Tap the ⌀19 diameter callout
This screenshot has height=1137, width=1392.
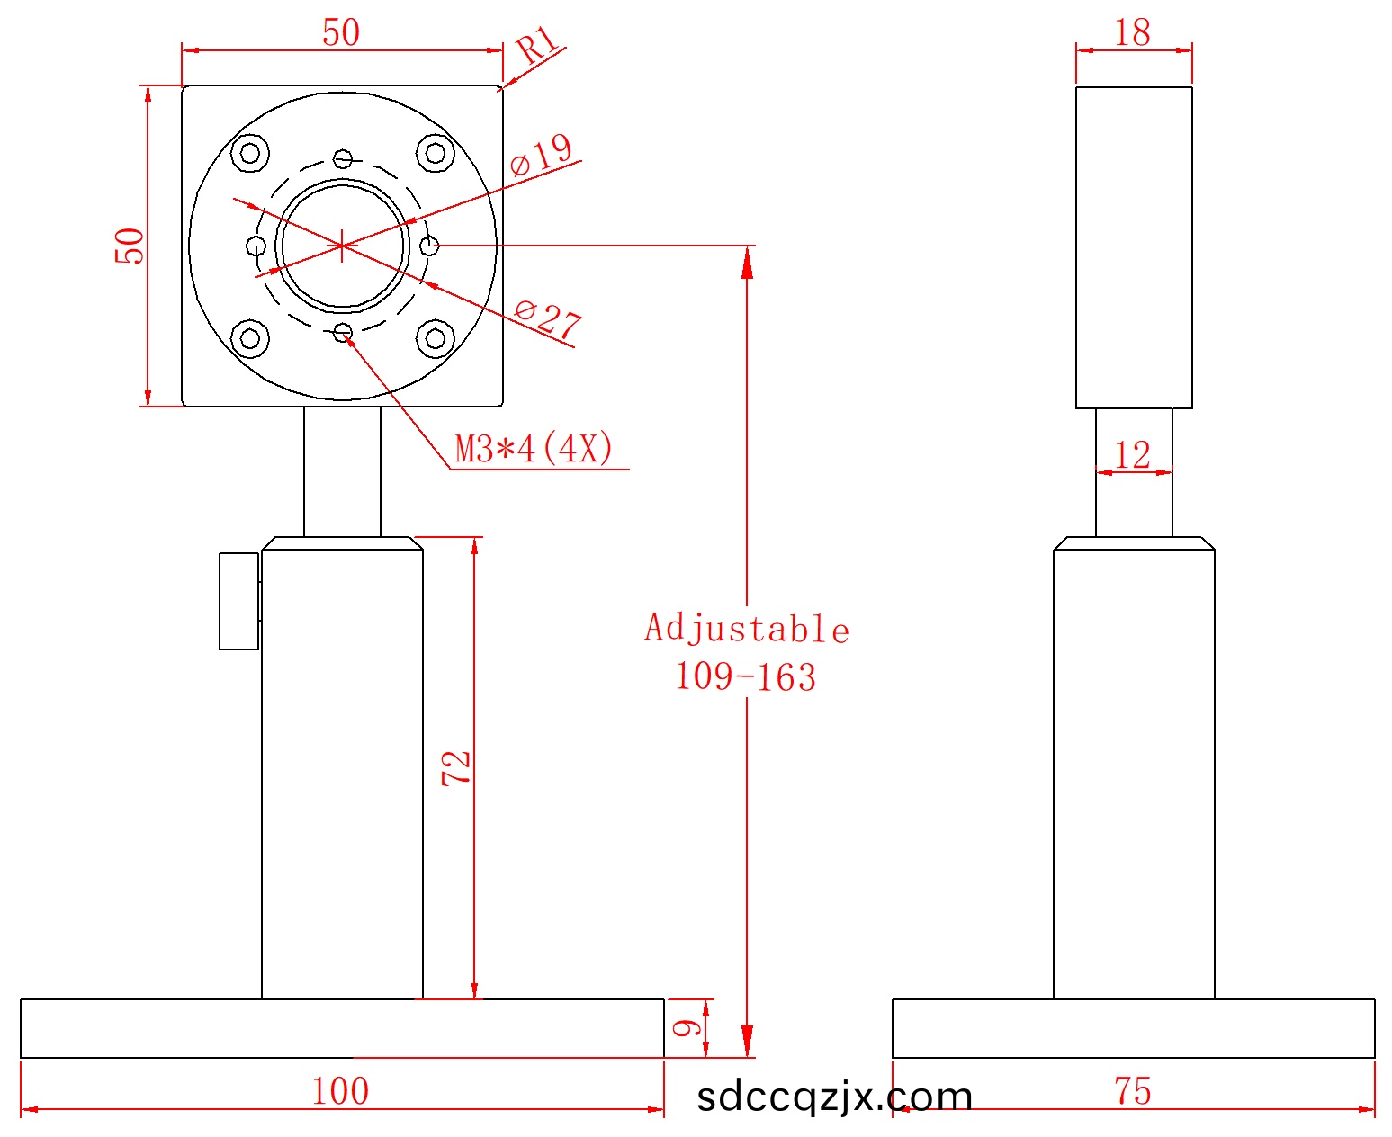[541, 155]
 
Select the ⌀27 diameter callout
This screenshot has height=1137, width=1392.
[549, 321]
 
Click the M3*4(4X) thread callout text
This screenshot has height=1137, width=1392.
[534, 449]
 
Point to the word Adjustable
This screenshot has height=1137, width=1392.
[747, 629]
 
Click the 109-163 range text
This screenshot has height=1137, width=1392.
[746, 677]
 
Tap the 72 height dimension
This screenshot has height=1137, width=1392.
[455, 768]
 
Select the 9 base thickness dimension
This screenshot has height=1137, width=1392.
[687, 1027]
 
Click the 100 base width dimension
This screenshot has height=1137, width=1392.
[340, 1091]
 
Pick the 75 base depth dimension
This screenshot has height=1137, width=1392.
[1133, 1091]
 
